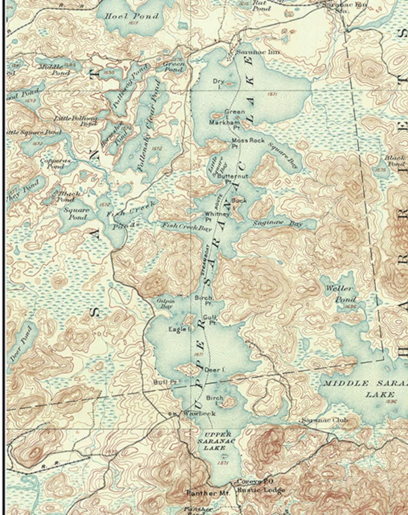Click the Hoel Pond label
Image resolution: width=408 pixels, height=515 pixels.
tap(131, 16)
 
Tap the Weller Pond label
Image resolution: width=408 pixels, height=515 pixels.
tap(340, 293)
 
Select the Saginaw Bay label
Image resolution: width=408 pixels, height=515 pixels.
tap(278, 223)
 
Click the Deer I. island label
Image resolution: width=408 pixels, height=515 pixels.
tap(214, 370)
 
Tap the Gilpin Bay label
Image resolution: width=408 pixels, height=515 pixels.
tap(166, 303)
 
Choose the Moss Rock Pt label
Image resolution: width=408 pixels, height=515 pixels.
tap(247, 143)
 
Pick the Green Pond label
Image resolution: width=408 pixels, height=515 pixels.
tap(174, 66)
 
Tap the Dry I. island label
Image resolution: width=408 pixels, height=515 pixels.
tap(218, 83)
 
